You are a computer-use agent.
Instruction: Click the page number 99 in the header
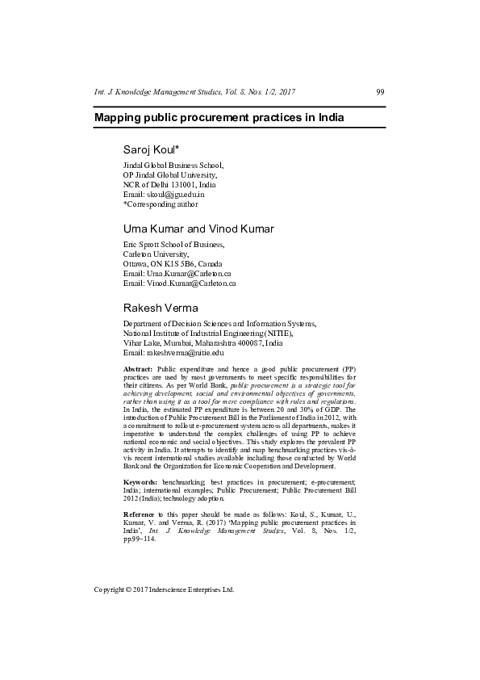380,92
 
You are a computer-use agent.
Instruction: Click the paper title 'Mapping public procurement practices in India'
219,118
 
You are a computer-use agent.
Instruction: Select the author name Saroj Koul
151,150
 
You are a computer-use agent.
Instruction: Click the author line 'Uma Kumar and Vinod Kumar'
198,229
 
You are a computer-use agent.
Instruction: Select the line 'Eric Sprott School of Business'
173,245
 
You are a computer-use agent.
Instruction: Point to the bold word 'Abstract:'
138,368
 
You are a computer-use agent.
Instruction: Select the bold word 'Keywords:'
140,481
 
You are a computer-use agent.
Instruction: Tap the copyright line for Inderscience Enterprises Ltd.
164,590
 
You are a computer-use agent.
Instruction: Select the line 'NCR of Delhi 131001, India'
169,185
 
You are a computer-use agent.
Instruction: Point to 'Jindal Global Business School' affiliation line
173,166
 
